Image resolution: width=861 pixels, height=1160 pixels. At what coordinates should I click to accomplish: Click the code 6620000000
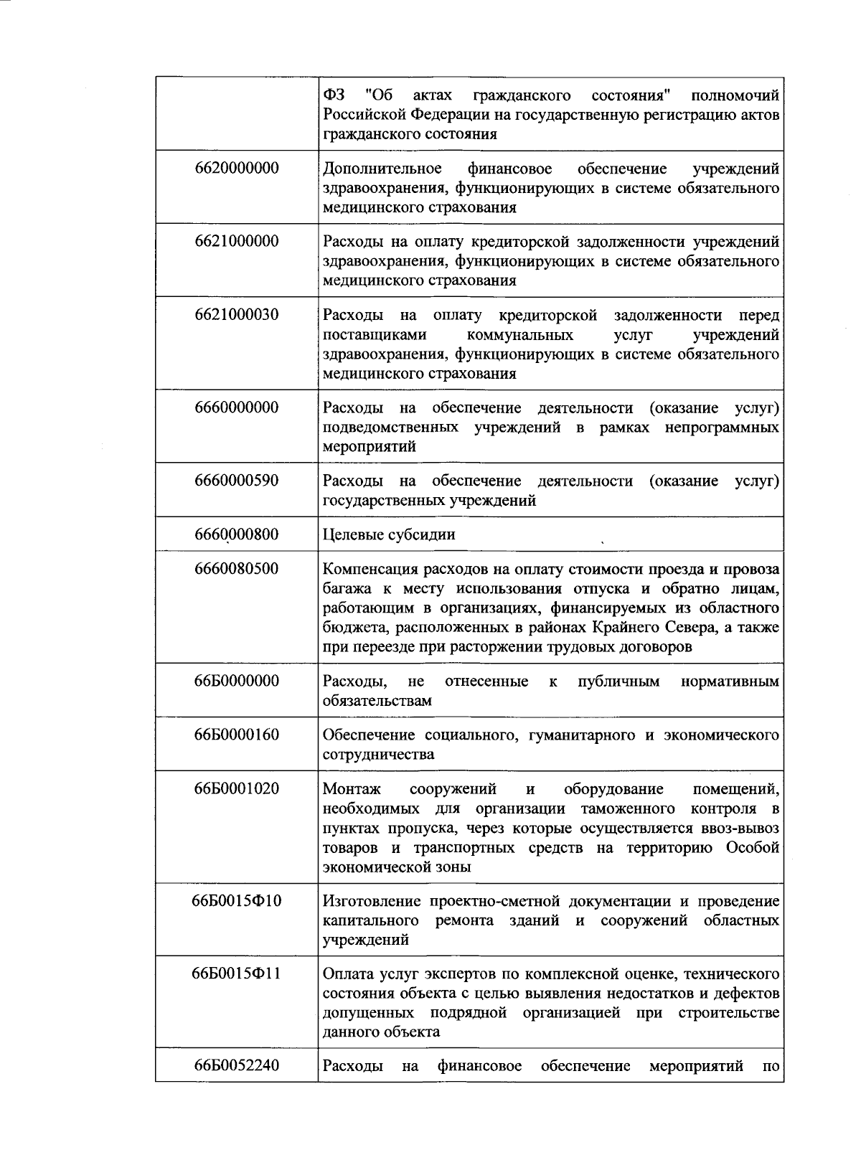(x=236, y=169)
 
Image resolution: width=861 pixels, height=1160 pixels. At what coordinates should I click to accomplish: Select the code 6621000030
(x=236, y=315)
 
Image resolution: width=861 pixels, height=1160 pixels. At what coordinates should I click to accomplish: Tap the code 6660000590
(x=236, y=481)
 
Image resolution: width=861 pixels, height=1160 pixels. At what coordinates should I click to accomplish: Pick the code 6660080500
(x=236, y=570)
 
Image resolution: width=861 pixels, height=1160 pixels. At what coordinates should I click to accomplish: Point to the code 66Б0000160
(x=236, y=735)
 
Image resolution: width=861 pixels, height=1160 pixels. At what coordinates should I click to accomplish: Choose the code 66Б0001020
(x=236, y=789)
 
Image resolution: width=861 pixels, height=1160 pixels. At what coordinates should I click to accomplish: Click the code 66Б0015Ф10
(x=236, y=901)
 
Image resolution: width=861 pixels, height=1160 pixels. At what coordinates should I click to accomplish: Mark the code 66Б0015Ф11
(x=236, y=974)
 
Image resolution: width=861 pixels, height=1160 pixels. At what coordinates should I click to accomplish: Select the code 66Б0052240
(x=236, y=1067)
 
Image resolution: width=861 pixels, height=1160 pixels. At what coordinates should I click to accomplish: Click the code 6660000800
(x=236, y=535)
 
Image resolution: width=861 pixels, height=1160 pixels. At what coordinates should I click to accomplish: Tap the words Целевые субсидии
(x=389, y=535)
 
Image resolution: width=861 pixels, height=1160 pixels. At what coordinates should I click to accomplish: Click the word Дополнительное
(x=382, y=169)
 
